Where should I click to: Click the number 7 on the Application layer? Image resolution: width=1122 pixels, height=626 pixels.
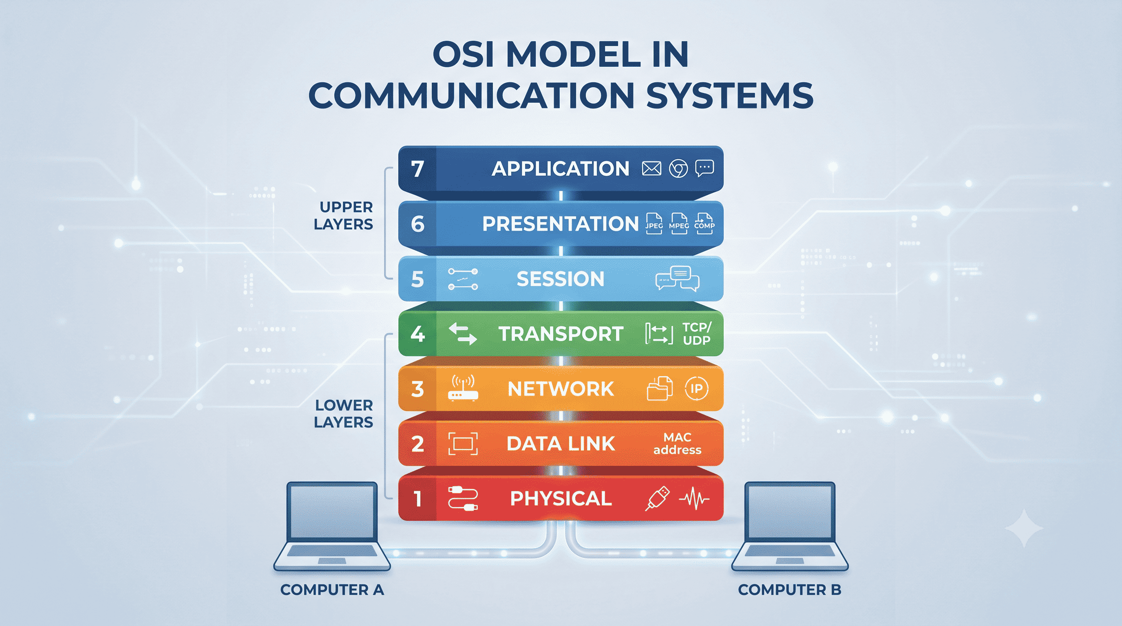(x=417, y=169)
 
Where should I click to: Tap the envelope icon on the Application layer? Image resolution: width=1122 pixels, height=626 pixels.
(x=651, y=168)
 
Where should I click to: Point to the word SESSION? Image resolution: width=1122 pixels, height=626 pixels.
(x=561, y=279)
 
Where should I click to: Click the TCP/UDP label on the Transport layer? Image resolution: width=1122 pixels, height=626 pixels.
(x=697, y=333)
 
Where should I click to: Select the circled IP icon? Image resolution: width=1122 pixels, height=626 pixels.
(x=696, y=388)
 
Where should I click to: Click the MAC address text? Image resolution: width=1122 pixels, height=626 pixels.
(x=677, y=443)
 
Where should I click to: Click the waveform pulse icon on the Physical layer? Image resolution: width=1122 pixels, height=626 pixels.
(x=694, y=498)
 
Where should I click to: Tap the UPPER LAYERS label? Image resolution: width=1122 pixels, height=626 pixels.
(x=343, y=216)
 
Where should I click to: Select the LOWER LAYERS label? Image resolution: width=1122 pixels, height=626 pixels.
(x=343, y=414)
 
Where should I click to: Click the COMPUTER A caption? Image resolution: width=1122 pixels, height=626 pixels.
(x=332, y=590)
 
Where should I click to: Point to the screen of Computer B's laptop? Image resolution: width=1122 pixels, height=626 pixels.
(x=790, y=512)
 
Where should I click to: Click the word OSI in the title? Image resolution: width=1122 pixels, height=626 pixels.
(x=463, y=55)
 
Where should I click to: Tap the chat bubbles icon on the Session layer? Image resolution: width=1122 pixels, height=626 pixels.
(x=677, y=279)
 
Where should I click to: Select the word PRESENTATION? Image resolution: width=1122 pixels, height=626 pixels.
(x=560, y=224)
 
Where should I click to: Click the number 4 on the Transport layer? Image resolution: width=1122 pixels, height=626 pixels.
(x=417, y=334)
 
